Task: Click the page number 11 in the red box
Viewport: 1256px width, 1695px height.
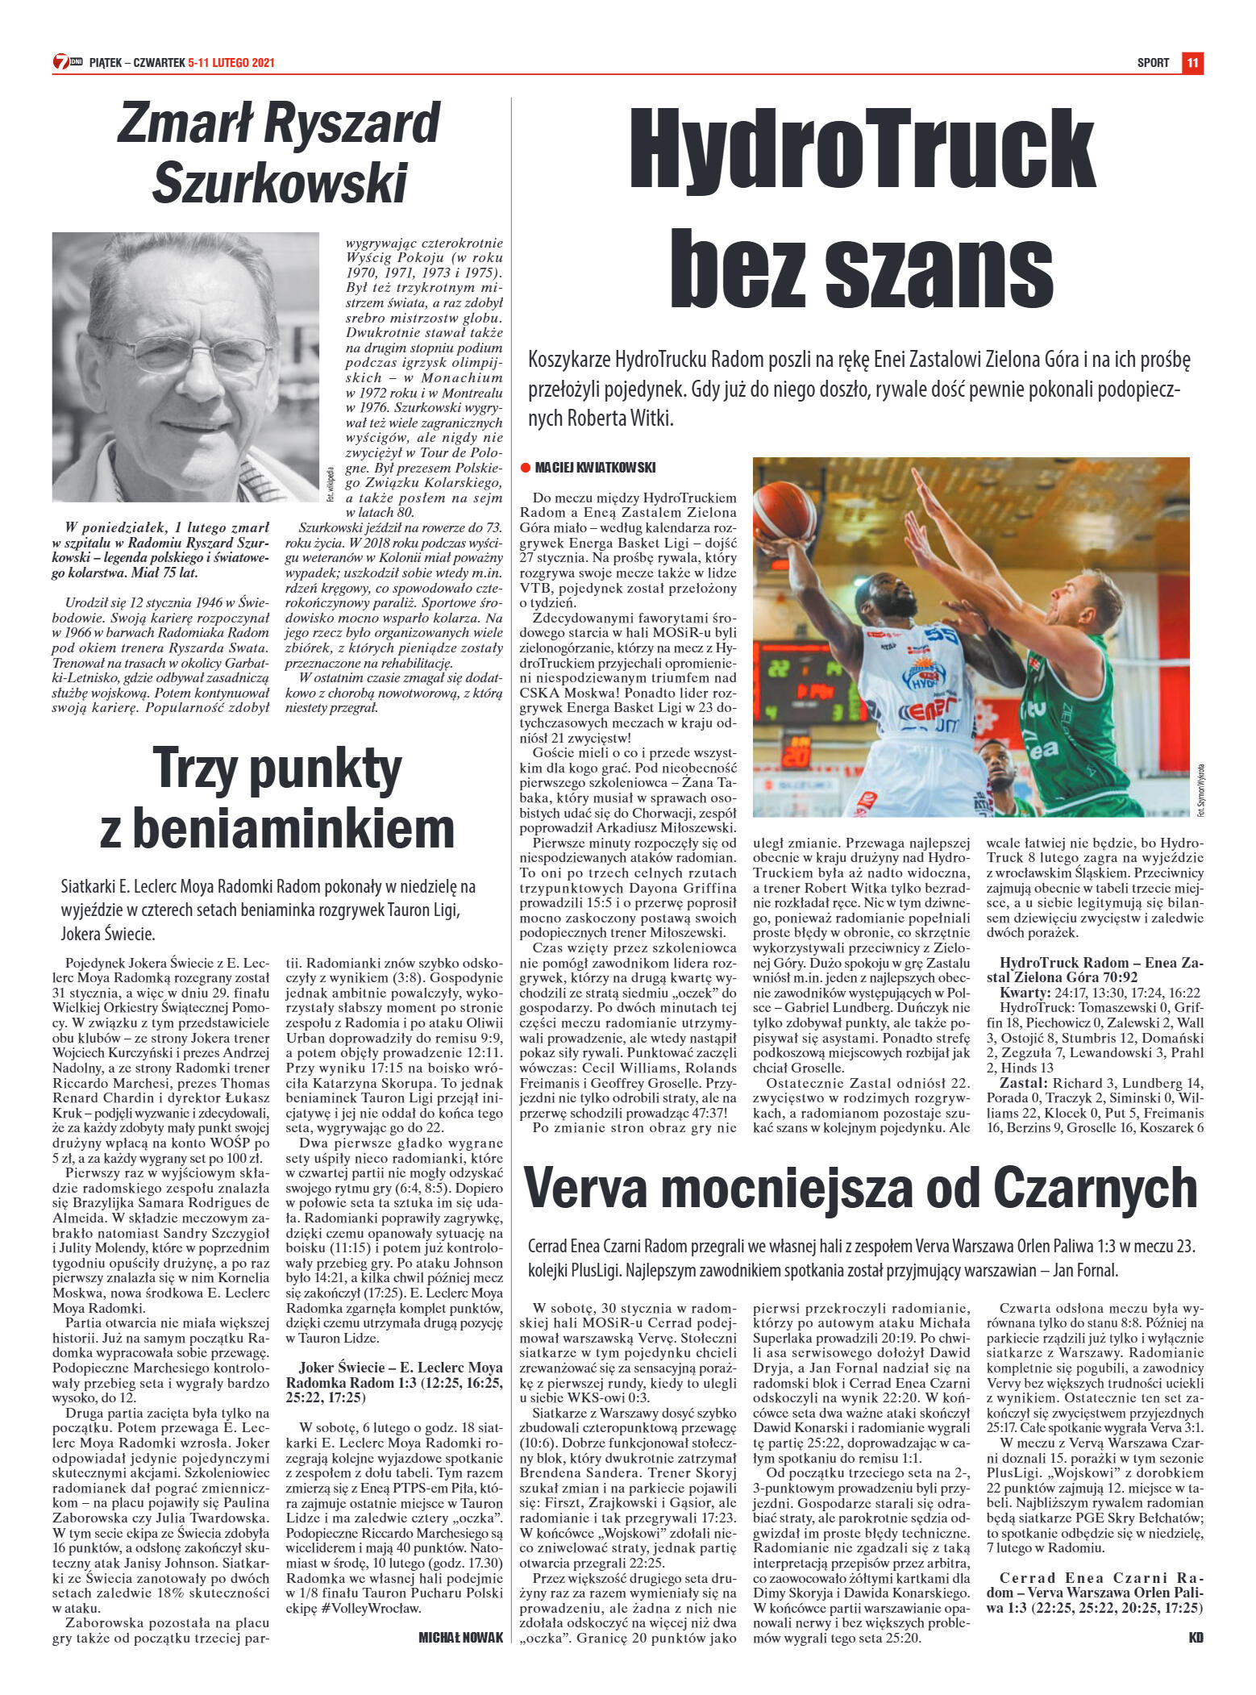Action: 1192,62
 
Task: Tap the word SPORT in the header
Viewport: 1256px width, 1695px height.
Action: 1153,63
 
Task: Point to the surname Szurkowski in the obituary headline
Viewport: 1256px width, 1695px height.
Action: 280,182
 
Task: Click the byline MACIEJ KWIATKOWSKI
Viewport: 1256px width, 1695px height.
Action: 595,468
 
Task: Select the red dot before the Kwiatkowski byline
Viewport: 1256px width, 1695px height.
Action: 524,468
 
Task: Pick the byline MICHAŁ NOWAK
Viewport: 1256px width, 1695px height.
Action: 460,1637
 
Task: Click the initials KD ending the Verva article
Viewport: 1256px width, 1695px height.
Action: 1196,1637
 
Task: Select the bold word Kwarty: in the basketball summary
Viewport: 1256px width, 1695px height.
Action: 1025,993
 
